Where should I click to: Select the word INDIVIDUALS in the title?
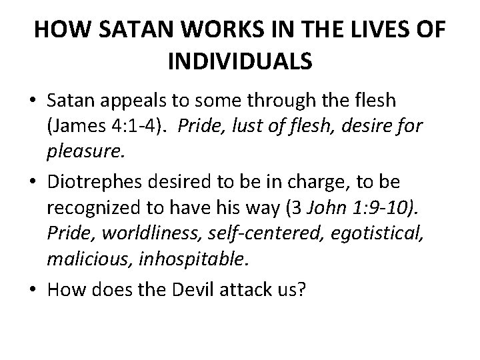point(241,63)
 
